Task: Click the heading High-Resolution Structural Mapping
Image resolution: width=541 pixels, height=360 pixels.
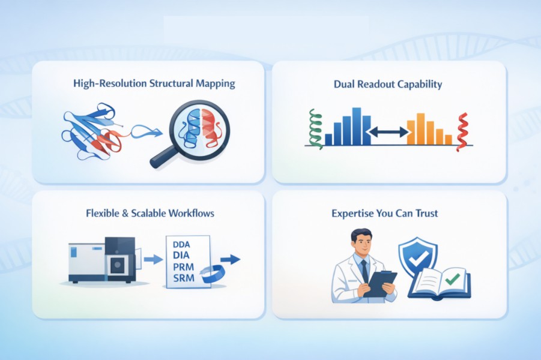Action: (x=154, y=83)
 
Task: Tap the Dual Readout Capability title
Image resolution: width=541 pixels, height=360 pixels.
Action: (x=388, y=84)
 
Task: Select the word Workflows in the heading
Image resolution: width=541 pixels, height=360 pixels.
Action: (x=191, y=213)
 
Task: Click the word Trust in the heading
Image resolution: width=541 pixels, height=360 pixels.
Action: (x=427, y=213)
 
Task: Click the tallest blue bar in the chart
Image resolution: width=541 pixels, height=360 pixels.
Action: (x=357, y=126)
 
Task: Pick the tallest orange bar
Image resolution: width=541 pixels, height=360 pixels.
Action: (x=420, y=128)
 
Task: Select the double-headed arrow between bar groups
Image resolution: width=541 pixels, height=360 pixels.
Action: (x=388, y=131)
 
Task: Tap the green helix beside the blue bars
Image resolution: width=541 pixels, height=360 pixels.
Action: (x=315, y=129)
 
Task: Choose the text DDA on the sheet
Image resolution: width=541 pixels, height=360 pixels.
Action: (x=181, y=244)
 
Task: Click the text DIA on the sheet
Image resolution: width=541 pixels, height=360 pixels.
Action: (x=181, y=255)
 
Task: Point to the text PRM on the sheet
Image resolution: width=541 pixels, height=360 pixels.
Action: (x=184, y=266)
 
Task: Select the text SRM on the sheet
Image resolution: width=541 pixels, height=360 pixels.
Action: (x=184, y=278)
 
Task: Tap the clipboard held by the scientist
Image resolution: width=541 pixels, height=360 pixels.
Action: (x=380, y=284)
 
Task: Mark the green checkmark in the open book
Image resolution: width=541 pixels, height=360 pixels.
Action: (x=452, y=278)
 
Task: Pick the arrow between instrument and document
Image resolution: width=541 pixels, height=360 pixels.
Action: (x=153, y=259)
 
